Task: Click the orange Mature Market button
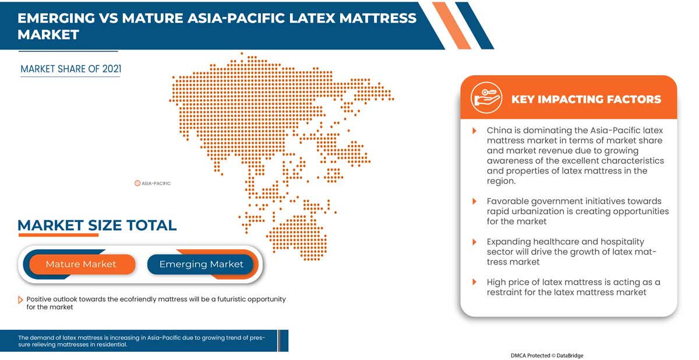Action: click(82, 264)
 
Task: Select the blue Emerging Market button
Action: click(200, 264)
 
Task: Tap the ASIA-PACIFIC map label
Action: click(153, 183)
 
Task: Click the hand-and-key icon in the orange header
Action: click(486, 98)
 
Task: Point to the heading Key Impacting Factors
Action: click(586, 99)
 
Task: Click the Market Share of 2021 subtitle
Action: click(71, 69)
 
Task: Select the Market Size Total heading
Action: click(97, 225)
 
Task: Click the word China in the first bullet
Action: click(499, 130)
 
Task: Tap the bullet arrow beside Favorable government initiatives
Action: click(474, 201)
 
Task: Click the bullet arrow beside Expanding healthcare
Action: click(474, 242)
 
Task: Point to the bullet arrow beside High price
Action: click(474, 282)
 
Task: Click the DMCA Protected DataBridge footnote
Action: click(547, 355)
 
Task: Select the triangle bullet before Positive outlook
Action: click(20, 300)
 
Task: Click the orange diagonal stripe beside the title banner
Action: click(451, 26)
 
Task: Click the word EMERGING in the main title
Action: click(56, 18)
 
